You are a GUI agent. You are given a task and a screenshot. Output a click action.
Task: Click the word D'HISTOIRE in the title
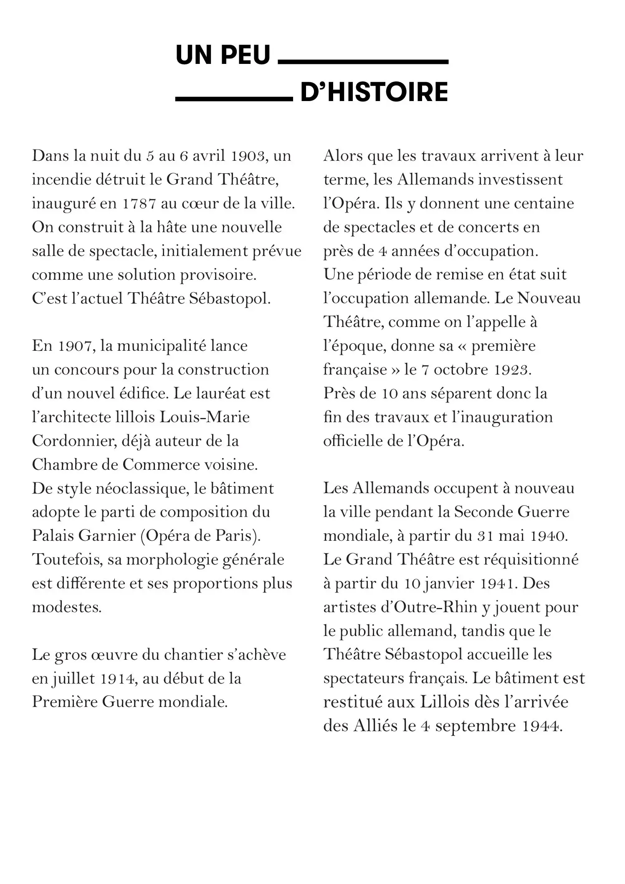374,92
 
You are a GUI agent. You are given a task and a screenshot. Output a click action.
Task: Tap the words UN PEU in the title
223,55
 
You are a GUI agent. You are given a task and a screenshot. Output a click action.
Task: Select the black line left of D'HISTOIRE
233,99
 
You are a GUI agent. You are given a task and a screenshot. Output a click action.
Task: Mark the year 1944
541,726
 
